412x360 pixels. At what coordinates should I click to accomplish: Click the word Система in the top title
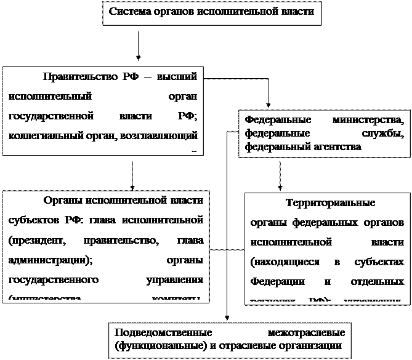[129, 11]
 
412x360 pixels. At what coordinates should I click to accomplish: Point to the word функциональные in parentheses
[155, 343]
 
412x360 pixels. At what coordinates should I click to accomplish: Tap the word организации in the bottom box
[305, 343]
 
